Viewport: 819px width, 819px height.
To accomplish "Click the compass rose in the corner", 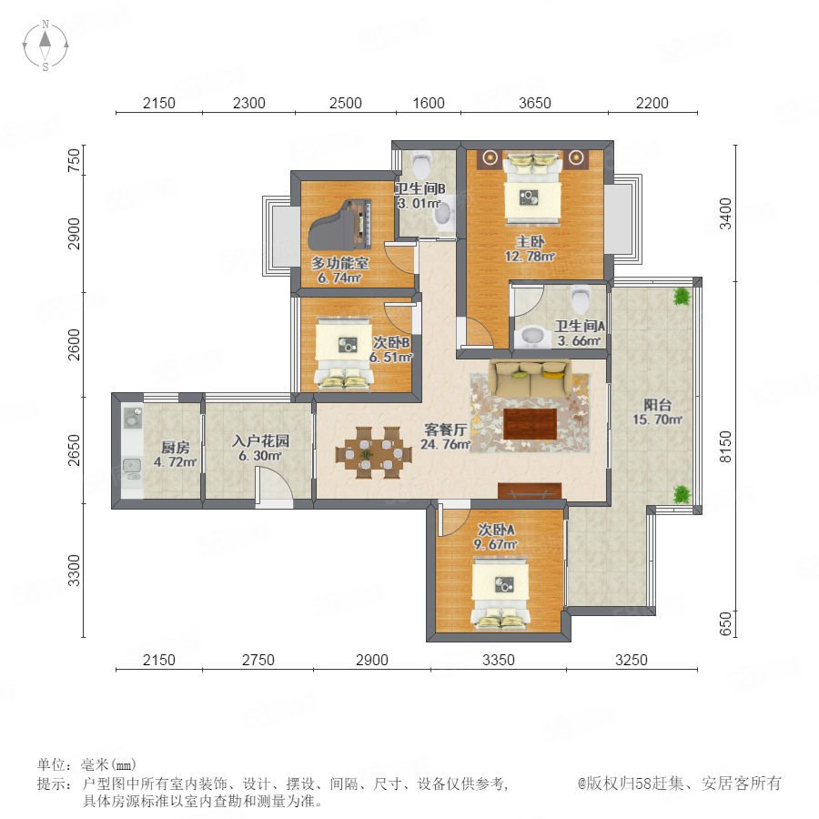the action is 45,45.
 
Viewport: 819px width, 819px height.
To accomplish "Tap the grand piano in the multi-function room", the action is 340,225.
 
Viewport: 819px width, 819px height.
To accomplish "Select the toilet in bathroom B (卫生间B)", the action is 420,164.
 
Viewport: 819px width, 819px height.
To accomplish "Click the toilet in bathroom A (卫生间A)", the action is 581,299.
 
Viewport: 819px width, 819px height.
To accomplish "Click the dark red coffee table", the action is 531,423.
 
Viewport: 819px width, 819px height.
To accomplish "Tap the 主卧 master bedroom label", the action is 531,241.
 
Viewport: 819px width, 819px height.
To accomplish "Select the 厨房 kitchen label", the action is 175,447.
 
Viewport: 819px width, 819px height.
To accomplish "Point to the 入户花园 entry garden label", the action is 260,440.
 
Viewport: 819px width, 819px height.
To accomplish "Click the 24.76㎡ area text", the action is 445,444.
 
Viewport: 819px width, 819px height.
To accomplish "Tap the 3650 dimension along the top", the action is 534,103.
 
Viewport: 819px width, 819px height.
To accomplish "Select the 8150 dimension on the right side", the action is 725,447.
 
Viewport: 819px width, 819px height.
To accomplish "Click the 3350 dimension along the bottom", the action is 499,660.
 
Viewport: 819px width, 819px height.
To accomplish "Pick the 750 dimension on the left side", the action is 75,161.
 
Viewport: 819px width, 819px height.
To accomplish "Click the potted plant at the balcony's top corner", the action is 681,297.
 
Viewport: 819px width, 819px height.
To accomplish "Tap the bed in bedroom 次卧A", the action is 500,594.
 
